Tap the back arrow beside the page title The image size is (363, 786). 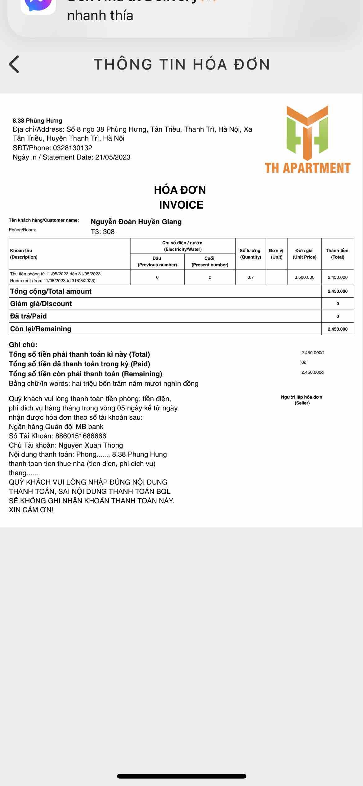tap(14, 64)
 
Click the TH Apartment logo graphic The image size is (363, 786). tap(307, 130)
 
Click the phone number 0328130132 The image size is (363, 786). tap(73, 148)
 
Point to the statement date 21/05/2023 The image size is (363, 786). tap(113, 157)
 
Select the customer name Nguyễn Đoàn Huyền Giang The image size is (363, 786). tap(136, 222)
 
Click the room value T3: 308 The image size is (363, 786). tap(102, 232)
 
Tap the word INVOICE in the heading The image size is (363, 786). tap(181, 205)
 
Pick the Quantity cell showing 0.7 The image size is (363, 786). tap(250, 277)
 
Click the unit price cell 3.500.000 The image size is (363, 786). tap(304, 277)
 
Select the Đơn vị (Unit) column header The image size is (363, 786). tap(276, 254)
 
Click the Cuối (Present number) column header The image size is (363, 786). tap(210, 261)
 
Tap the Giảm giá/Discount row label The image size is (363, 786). tap(41, 304)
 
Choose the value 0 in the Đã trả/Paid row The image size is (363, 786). tap(338, 316)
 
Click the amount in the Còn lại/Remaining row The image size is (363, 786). tap(338, 329)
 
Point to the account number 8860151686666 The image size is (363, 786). tap(81, 436)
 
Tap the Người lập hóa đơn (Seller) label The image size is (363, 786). tap(302, 400)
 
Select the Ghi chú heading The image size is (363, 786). tap(23, 345)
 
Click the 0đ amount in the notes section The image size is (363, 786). tap(304, 362)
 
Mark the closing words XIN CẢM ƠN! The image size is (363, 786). tap(31, 510)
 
